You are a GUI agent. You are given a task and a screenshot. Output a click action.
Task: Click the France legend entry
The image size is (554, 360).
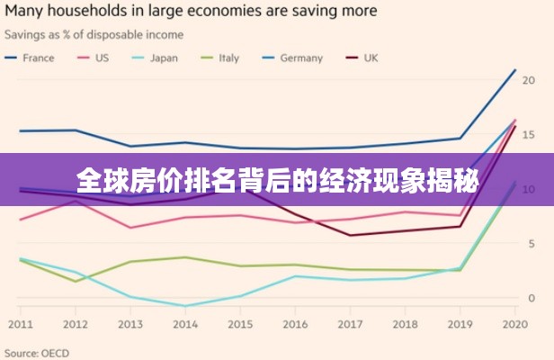pos(38,58)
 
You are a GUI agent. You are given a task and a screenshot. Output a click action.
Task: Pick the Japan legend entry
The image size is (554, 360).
pos(164,58)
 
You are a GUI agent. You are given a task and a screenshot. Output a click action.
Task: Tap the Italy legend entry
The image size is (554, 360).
pos(228,58)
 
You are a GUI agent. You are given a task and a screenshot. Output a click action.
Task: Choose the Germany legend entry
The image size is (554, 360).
pos(300,58)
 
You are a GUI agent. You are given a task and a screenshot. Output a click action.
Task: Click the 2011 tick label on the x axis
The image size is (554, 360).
pos(20,324)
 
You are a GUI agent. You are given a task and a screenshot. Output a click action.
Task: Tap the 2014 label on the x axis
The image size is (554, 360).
pos(185,324)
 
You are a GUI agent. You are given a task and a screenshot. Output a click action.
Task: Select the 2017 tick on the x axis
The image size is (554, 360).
pos(350,324)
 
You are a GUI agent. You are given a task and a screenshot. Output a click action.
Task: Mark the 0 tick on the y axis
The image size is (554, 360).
pos(533,298)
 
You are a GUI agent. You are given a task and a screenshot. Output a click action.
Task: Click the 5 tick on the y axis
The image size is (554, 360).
pos(533,244)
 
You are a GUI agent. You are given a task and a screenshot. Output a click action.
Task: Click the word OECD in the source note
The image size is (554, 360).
pos(54,353)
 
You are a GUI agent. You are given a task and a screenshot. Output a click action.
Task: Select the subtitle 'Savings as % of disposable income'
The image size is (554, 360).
pos(94,35)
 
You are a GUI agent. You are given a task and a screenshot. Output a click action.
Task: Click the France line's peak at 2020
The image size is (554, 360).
pos(514,70)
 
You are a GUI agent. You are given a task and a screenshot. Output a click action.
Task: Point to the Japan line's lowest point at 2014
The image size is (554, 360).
pos(185,306)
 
